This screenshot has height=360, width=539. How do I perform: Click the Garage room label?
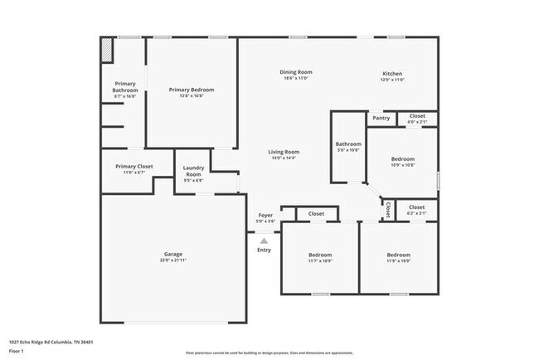coord(172,255)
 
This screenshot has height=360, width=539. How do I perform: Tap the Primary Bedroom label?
coord(192,90)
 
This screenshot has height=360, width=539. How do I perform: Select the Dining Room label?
coord(295,73)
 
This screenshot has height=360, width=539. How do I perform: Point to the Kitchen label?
coord(392,73)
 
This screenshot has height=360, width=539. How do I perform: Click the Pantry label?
coord(381,118)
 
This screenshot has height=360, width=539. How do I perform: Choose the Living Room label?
coord(284,152)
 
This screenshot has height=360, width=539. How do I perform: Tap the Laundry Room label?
coord(193,171)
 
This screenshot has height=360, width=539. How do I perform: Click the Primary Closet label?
coord(134,167)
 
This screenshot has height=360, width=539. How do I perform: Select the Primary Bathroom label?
coord(125,86)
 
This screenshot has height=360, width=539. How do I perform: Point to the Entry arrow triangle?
coord(264,241)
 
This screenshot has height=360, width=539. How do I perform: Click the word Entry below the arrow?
coord(264,250)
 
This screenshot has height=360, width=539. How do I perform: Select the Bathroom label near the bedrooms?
coord(348,144)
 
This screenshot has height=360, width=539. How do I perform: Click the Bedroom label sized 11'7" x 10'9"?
coord(320,254)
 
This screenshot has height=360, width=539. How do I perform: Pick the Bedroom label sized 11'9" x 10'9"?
coord(398,254)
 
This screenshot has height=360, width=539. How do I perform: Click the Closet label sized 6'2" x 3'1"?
coord(416,207)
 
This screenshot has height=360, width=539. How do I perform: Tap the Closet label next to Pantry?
coord(417,116)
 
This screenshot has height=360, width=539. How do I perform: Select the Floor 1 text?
coord(17,351)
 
